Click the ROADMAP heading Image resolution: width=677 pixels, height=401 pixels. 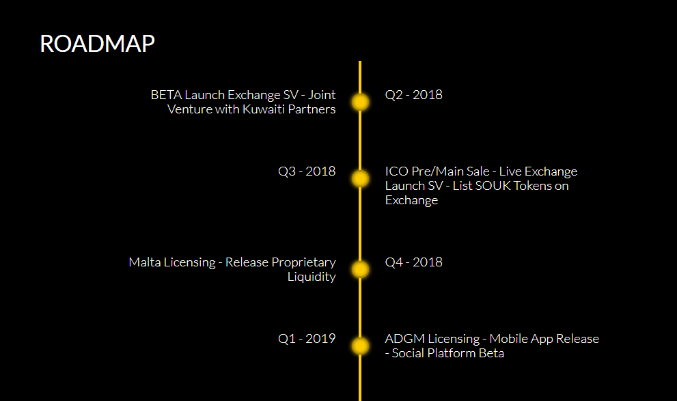click(97, 44)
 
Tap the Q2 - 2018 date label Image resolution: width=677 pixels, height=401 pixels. click(413, 94)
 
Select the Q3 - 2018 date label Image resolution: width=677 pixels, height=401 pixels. click(307, 171)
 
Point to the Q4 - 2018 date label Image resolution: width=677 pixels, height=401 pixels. click(413, 262)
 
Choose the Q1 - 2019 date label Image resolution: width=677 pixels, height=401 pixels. click(307, 338)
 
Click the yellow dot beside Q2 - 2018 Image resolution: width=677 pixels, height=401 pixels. click(360, 102)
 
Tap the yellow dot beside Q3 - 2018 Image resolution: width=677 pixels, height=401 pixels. click(360, 179)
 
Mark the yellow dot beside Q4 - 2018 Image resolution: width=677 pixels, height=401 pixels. click(360, 269)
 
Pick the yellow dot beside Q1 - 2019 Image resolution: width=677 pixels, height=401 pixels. click(360, 346)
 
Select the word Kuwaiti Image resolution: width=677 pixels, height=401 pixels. click(264, 109)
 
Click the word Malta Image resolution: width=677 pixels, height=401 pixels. click(145, 262)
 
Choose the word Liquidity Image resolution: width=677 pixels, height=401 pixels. click(312, 277)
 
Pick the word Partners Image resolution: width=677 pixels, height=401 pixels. click(312, 109)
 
